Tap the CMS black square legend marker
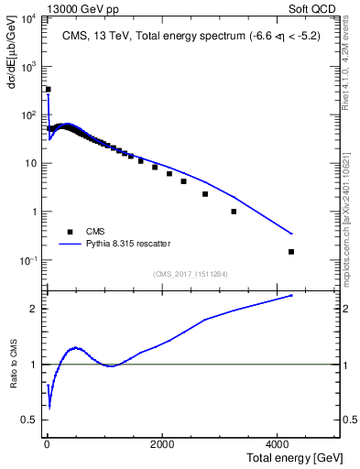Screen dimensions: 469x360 69,232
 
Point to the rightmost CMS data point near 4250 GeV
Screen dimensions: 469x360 291,251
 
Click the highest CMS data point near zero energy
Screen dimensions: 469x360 48,90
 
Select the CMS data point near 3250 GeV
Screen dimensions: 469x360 234,212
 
